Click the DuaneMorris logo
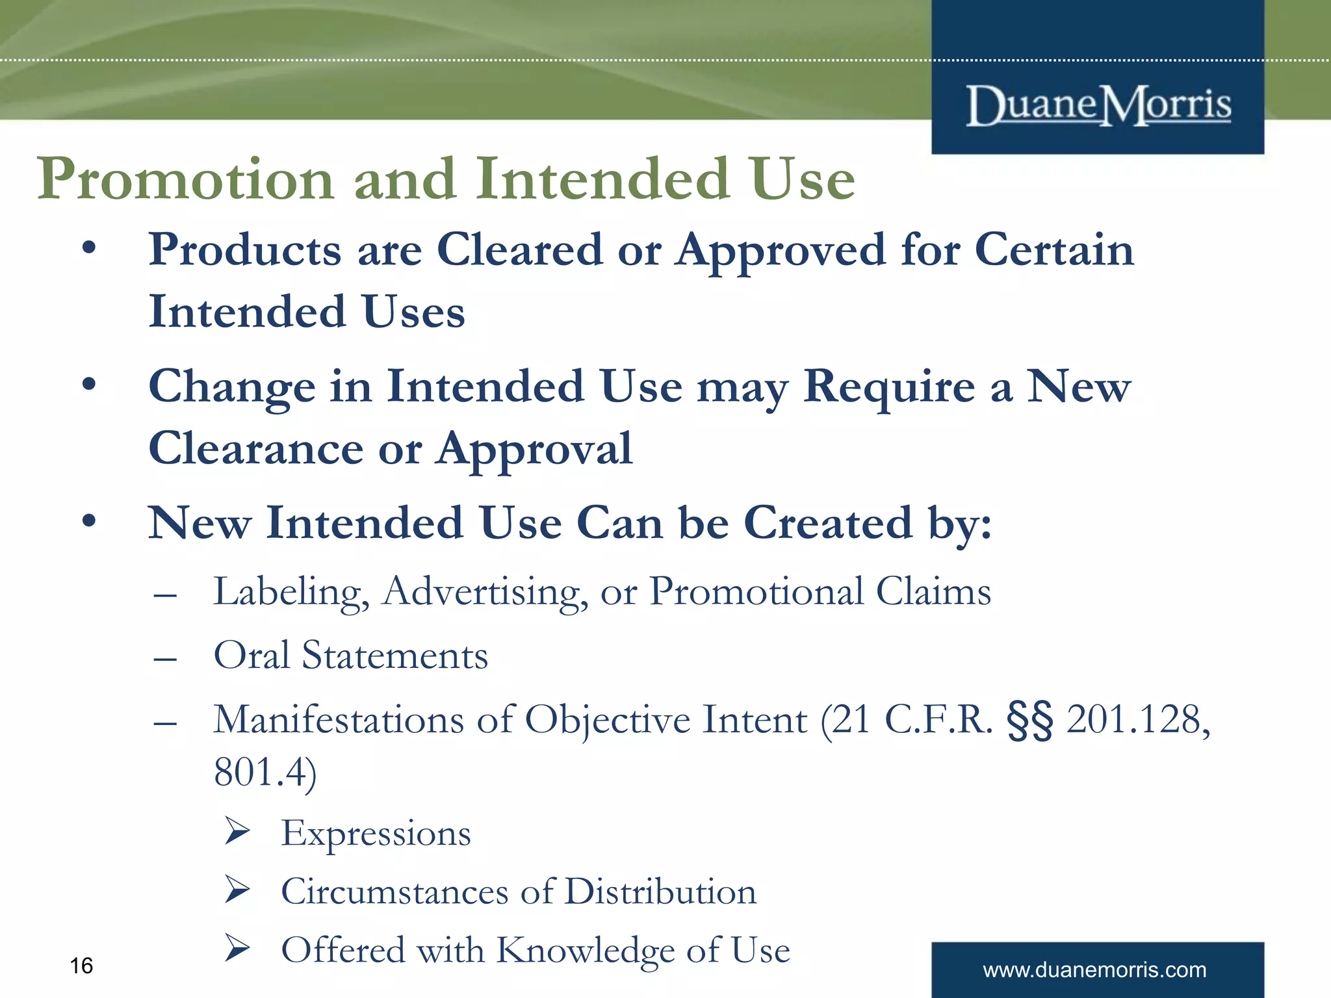click(1098, 105)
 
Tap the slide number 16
click(81, 966)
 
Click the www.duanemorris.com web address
click(1094, 969)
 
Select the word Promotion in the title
click(185, 179)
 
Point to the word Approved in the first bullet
click(780, 251)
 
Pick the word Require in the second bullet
click(889, 387)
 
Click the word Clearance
click(256, 448)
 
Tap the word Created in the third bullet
click(828, 523)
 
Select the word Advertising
click(485, 593)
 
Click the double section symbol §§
click(1029, 721)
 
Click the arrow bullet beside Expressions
click(237, 832)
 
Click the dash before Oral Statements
click(166, 659)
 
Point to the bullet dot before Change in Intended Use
click(89, 385)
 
